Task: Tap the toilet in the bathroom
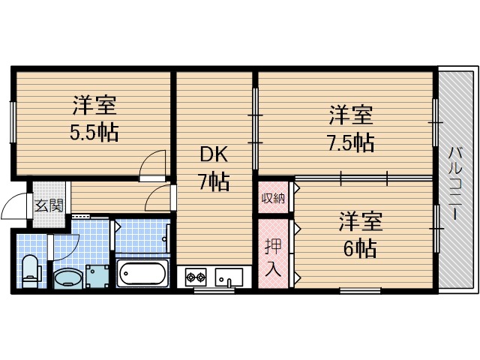(x=31, y=271)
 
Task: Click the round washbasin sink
(x=67, y=278)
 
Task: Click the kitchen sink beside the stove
(x=228, y=276)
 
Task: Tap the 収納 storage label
(x=273, y=198)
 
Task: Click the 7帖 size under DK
(x=214, y=181)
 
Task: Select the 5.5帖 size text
(x=94, y=133)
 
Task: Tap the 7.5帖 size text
(x=350, y=142)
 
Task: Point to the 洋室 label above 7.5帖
(x=351, y=116)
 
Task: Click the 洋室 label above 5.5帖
(x=94, y=106)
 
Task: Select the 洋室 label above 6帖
(x=359, y=221)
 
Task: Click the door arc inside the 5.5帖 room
(x=153, y=163)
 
